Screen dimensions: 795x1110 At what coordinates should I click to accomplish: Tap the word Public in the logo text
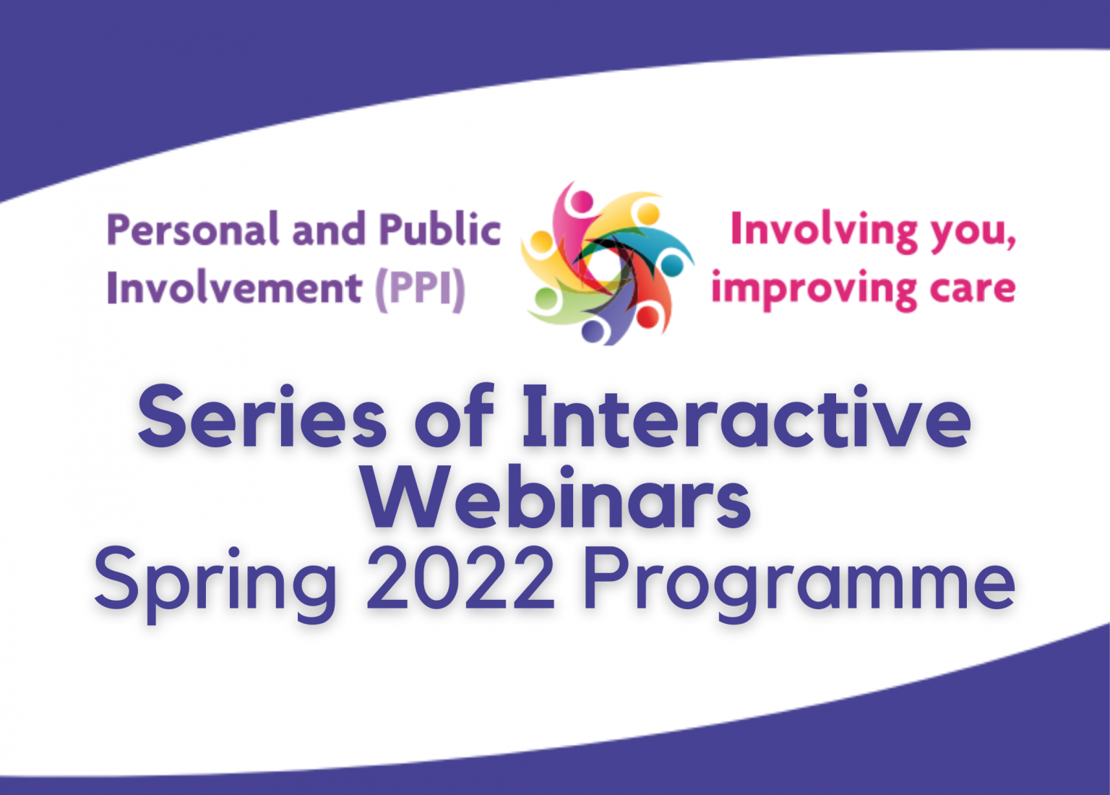(439, 230)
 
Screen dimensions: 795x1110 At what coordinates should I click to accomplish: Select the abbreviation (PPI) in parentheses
(420, 289)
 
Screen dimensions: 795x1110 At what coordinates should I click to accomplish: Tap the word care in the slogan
(973, 289)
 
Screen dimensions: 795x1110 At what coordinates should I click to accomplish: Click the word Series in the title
(262, 418)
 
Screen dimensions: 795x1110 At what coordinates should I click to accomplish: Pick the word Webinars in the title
(556, 499)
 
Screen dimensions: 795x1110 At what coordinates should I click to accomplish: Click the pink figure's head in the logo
(582, 201)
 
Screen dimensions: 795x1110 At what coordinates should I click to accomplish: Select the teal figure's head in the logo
(672, 265)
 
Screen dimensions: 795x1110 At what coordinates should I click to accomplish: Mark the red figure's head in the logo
(647, 317)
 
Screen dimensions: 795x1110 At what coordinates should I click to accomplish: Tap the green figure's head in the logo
(547, 298)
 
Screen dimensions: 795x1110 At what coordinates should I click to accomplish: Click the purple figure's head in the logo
(593, 332)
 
